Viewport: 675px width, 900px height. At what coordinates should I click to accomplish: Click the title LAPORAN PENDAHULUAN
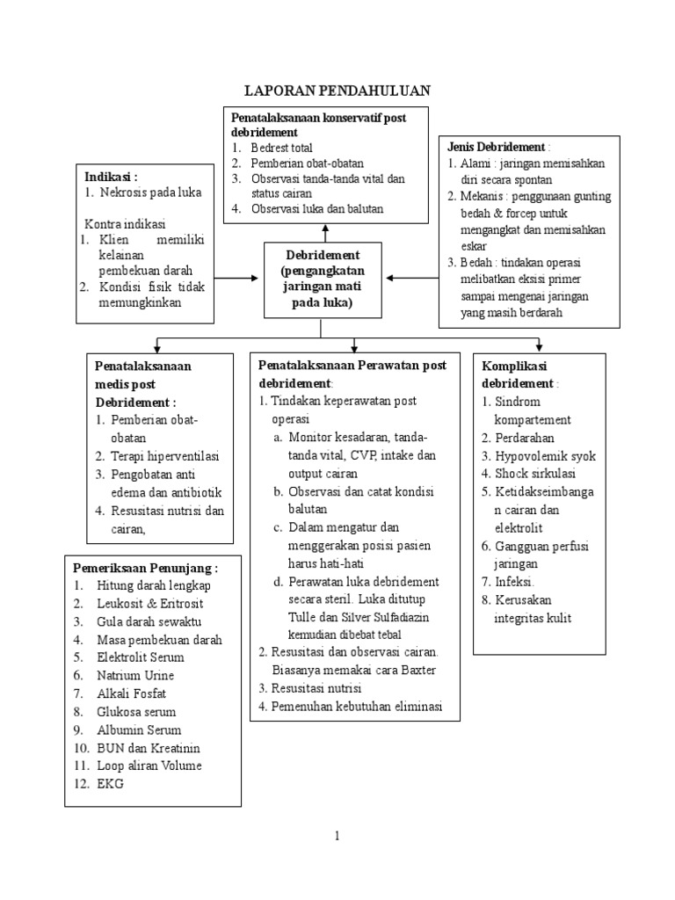[337, 91]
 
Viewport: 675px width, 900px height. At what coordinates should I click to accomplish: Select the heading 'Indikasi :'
[112, 176]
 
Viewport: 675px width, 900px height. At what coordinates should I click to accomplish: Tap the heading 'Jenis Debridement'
[497, 146]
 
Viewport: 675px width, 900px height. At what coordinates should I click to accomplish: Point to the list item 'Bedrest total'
[281, 148]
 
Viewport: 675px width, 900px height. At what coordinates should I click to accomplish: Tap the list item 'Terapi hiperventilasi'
[164, 455]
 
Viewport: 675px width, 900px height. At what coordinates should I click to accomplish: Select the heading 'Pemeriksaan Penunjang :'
[145, 567]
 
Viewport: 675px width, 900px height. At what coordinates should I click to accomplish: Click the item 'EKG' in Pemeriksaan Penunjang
[111, 783]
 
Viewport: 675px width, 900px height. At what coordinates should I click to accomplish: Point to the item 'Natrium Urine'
[135, 675]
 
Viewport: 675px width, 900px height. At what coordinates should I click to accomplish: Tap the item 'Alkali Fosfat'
[133, 693]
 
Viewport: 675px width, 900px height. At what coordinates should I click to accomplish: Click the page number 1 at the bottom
[337, 836]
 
